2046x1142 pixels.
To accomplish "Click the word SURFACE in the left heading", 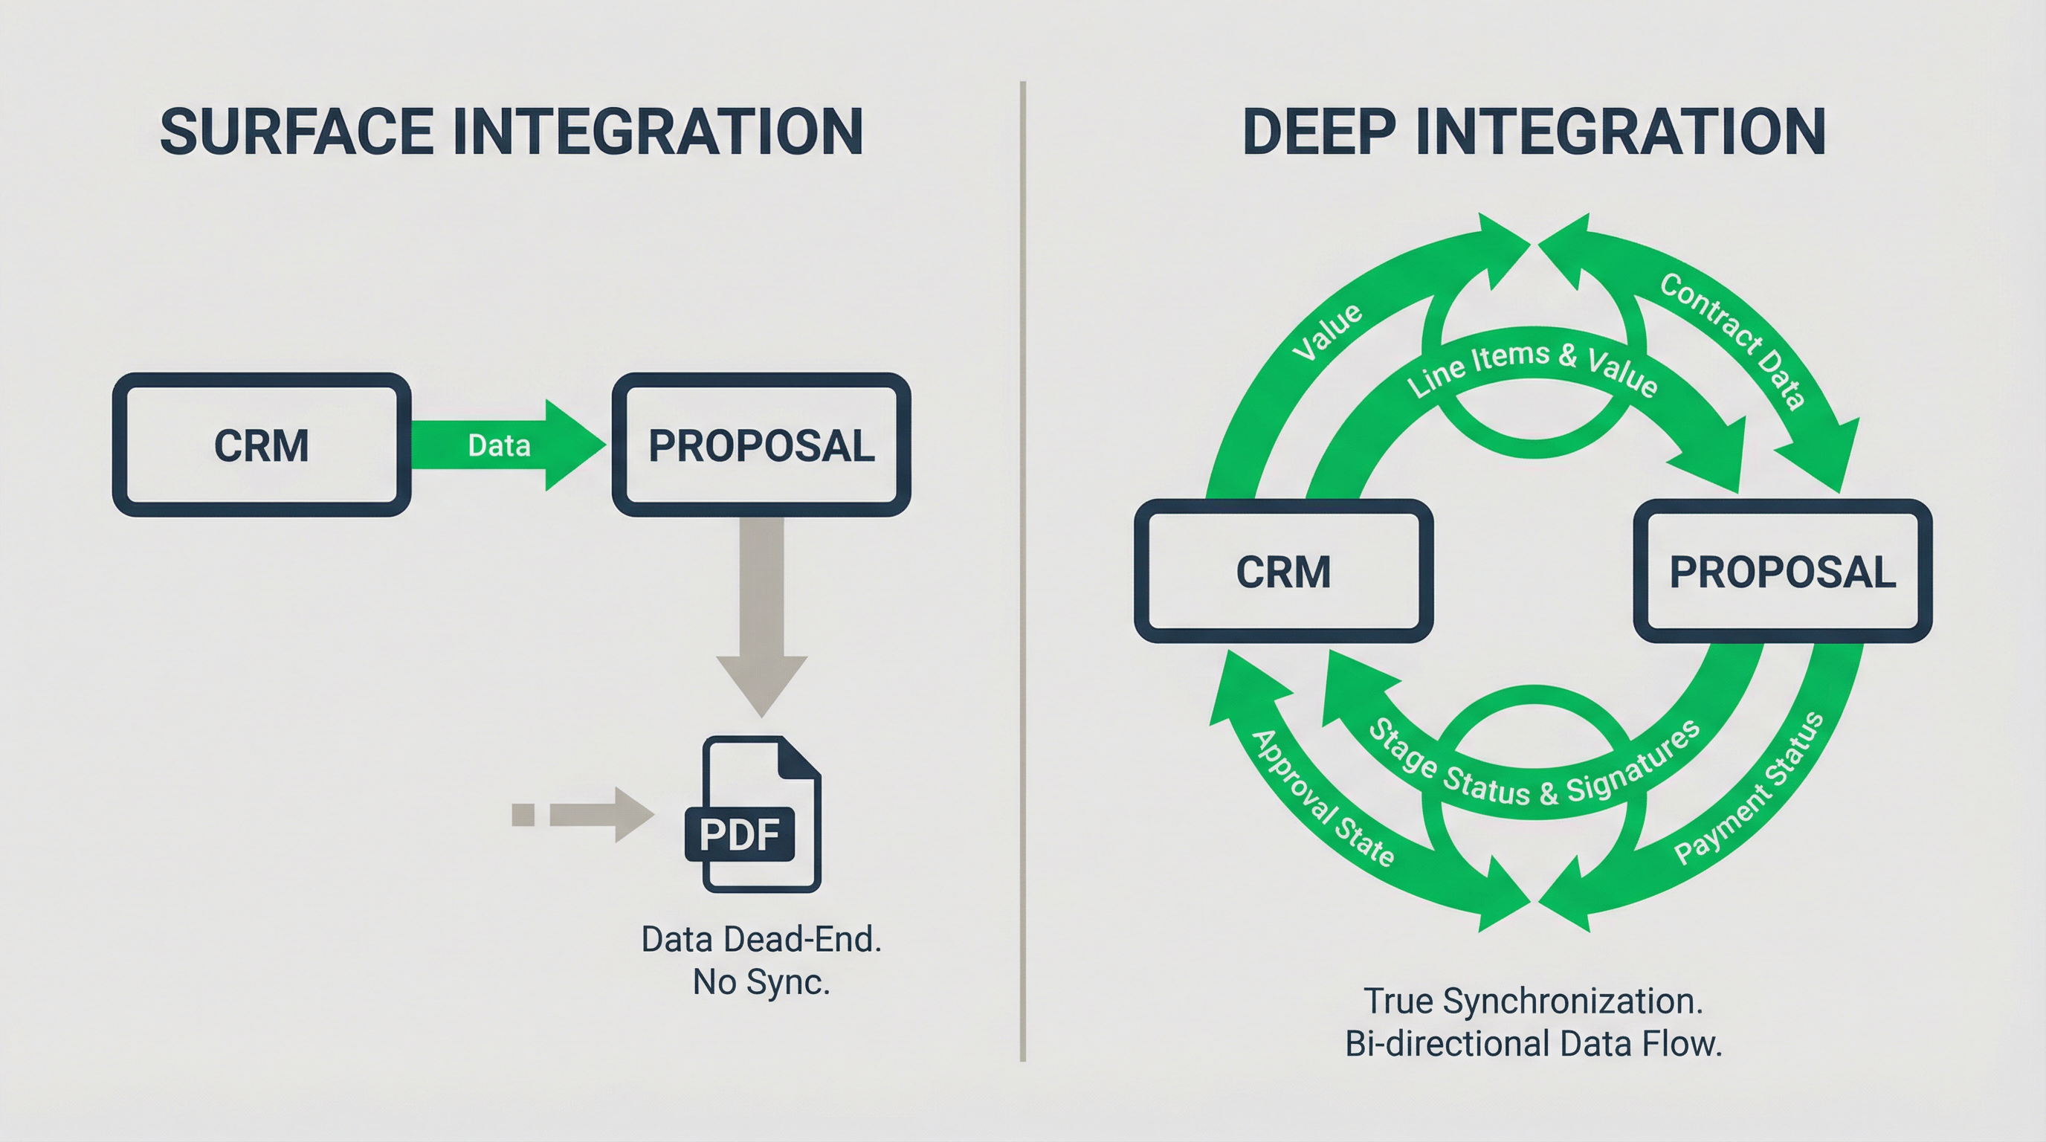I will click(x=295, y=132).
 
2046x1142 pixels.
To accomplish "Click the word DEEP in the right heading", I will click(x=1318, y=132).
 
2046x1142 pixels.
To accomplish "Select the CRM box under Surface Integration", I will click(x=261, y=445).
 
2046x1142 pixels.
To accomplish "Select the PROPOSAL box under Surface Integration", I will click(x=761, y=445).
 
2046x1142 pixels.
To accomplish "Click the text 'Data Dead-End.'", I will click(x=761, y=941).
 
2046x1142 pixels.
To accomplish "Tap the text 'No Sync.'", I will click(x=761, y=983).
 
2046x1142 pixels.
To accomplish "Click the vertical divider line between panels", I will click(x=1023, y=572).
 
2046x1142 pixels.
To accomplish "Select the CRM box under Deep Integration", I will click(x=1283, y=572).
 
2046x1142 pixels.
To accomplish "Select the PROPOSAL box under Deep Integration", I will click(x=1782, y=572).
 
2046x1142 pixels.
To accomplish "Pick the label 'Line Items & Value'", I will click(x=1533, y=370).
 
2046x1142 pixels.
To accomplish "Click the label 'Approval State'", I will click(x=1323, y=798).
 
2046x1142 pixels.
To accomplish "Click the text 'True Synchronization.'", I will click(x=1533, y=1001).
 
